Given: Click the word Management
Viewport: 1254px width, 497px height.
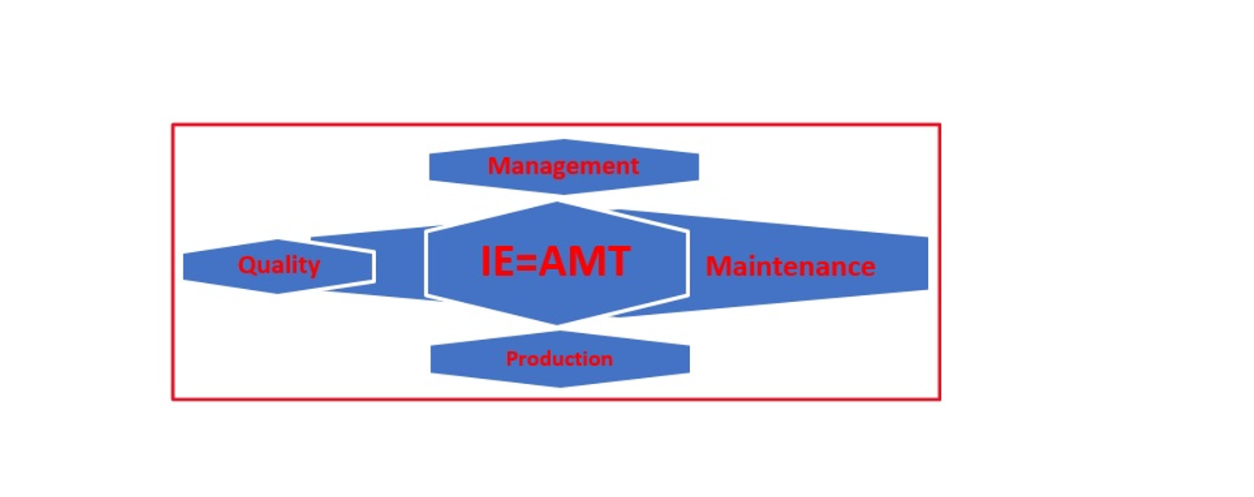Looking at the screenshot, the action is tap(563, 167).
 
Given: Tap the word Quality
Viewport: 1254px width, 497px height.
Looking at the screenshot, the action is tap(279, 265).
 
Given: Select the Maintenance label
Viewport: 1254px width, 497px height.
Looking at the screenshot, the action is tap(791, 267).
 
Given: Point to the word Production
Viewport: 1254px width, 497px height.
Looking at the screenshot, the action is tap(559, 359).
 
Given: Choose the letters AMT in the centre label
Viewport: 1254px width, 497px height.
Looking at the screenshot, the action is tap(584, 261).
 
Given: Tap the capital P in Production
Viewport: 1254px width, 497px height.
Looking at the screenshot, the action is tap(511, 359).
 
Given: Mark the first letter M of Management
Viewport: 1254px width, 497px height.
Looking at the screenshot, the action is tap(499, 166).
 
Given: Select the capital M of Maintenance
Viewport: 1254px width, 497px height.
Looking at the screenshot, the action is tap(718, 267).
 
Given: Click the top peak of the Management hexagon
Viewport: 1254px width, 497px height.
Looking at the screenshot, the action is tap(564, 140).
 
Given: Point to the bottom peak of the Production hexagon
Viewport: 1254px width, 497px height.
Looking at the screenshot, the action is tap(560, 387).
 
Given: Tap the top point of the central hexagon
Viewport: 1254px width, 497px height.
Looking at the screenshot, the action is tap(556, 202).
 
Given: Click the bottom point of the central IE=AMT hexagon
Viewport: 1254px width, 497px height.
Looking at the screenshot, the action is tap(556, 324).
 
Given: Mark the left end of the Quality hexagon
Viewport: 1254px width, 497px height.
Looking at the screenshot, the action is tap(184, 265).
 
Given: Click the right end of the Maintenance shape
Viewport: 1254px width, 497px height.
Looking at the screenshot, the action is tap(928, 263).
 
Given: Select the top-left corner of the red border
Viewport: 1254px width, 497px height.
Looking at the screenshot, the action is tap(173, 125).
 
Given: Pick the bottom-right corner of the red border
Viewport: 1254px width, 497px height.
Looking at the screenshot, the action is tap(939, 399).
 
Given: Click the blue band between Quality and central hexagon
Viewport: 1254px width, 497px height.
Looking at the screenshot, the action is tap(398, 263).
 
